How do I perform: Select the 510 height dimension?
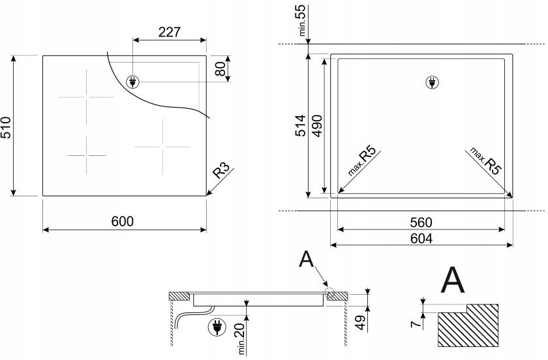pos(6,125)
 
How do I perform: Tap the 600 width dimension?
pos(122,221)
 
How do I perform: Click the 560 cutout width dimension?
pos(421,222)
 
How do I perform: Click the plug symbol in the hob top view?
pos(132,82)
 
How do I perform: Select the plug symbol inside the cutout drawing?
pos(431,83)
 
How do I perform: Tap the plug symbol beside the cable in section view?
pos(215,327)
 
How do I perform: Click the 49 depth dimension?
pos(359,321)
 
